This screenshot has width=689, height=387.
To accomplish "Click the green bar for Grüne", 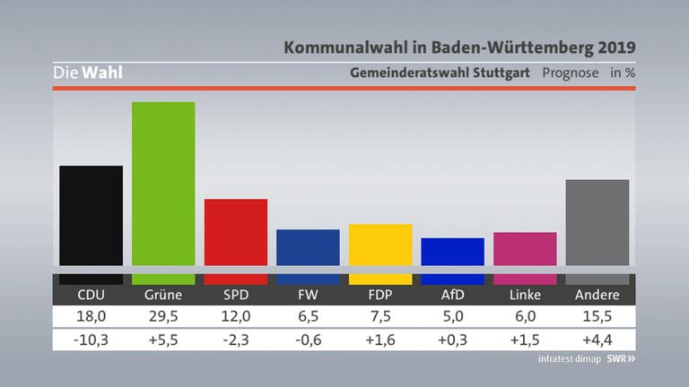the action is point(163,184).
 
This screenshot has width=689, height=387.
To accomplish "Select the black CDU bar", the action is point(91,215).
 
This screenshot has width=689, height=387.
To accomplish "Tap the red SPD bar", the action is point(236,232).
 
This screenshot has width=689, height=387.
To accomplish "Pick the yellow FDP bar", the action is point(380,245).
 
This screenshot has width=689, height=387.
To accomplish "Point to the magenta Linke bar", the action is point(525,249).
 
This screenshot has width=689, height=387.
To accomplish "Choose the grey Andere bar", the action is point(597,222).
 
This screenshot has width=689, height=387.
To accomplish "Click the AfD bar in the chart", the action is point(452,252).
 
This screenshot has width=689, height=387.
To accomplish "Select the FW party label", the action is point(308,295).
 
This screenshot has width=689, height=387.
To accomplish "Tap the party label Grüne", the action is point(163,295).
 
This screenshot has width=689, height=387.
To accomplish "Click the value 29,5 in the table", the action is point(163,316).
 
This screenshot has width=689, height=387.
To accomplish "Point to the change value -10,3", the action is point(91,340).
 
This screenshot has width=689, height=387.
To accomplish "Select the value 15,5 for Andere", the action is point(597,316).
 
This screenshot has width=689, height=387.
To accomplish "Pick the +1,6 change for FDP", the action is point(380,340).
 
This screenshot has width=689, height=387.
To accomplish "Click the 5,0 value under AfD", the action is point(452,316).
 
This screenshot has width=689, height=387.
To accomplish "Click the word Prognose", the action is point(571,73).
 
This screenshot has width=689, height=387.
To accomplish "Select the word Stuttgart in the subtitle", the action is point(501,73).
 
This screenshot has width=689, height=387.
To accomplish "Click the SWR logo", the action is point(622,359).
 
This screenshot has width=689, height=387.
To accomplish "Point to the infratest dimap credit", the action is point(570,359).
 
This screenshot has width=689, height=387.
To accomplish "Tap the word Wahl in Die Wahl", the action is point(102,73).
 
